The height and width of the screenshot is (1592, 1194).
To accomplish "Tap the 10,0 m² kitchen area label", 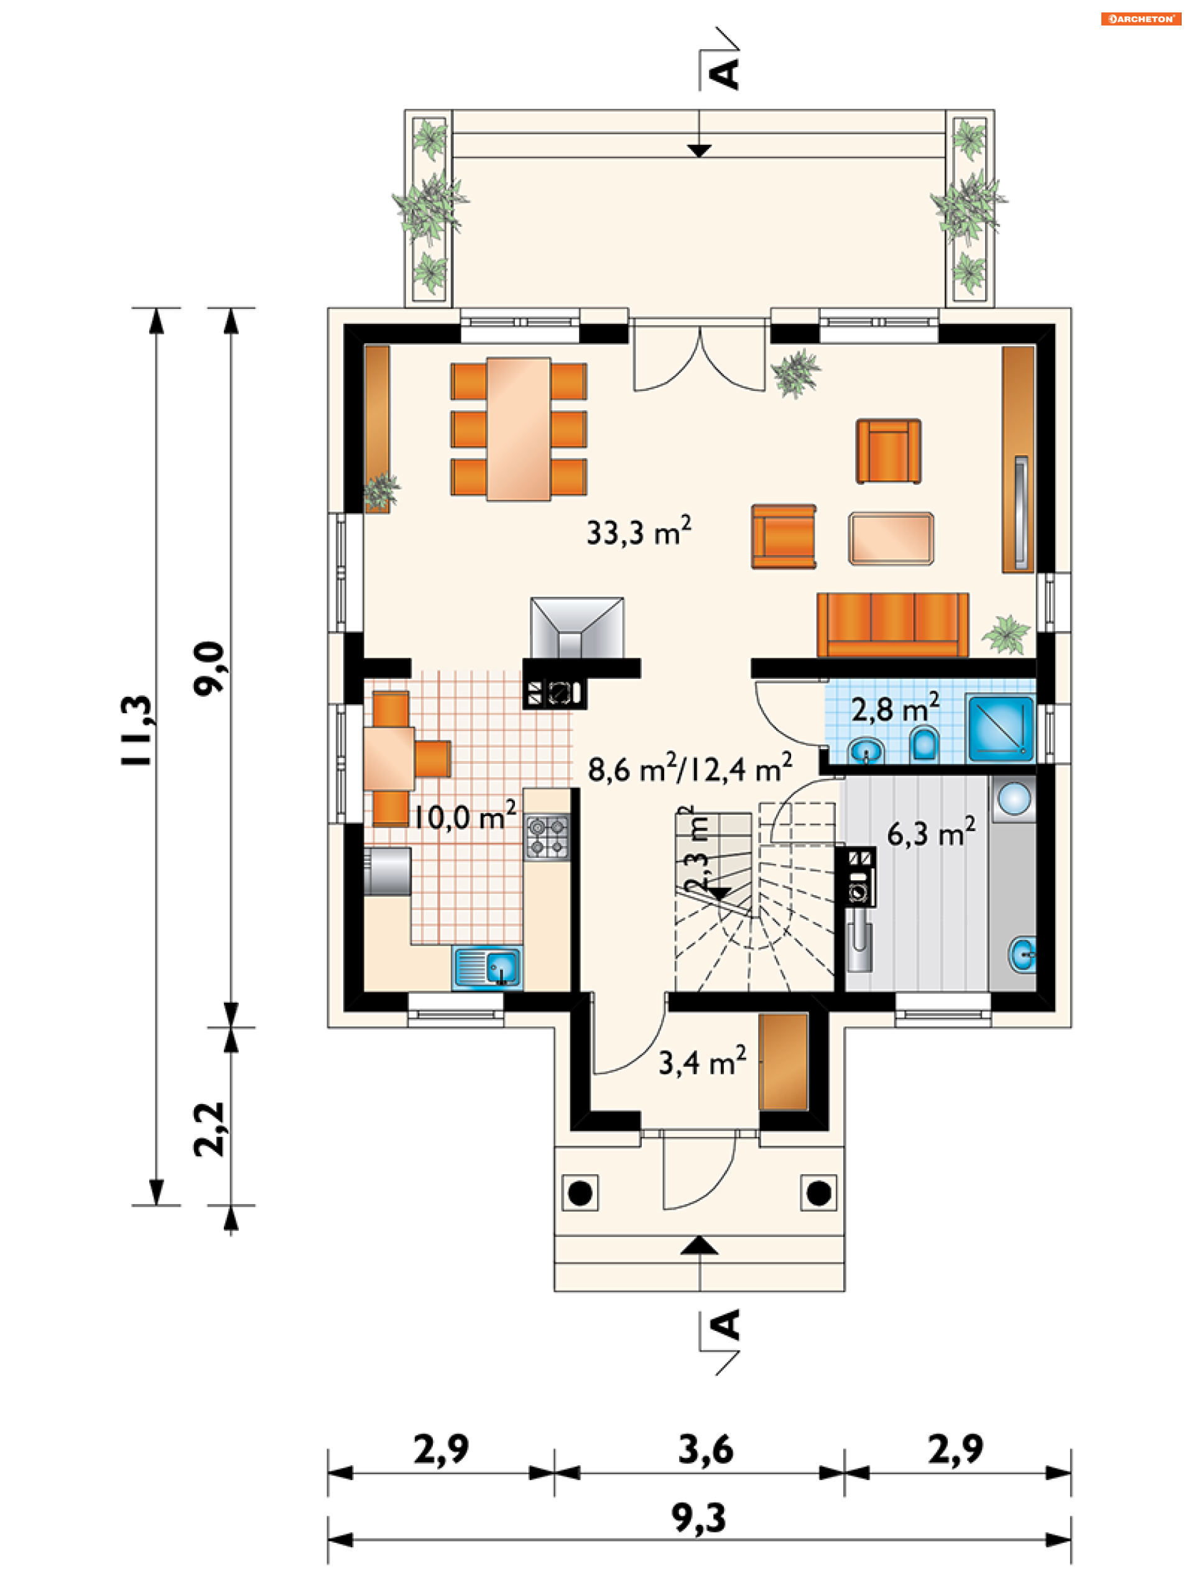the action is click(464, 816).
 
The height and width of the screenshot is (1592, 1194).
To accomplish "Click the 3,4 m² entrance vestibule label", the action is click(702, 1062).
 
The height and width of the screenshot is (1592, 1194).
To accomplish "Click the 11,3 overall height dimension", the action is click(137, 730).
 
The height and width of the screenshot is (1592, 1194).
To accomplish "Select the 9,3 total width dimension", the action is click(698, 1518).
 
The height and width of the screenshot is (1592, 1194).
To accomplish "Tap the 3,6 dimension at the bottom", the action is click(706, 1450).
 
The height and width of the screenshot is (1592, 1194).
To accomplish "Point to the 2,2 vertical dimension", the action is click(210, 1130).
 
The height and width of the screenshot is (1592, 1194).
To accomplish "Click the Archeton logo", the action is click(1141, 19).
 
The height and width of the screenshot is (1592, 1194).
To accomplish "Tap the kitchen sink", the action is click(487, 967).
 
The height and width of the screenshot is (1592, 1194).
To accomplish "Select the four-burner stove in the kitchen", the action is click(547, 836).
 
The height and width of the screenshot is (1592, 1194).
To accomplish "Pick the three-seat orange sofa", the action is click(892, 624).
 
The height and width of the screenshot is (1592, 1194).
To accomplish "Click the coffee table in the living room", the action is click(891, 538).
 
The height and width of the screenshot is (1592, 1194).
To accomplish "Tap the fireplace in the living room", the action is click(577, 628).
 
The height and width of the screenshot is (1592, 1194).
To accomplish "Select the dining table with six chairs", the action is click(519, 429).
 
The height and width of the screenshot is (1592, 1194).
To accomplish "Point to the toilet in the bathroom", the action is click(924, 743).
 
